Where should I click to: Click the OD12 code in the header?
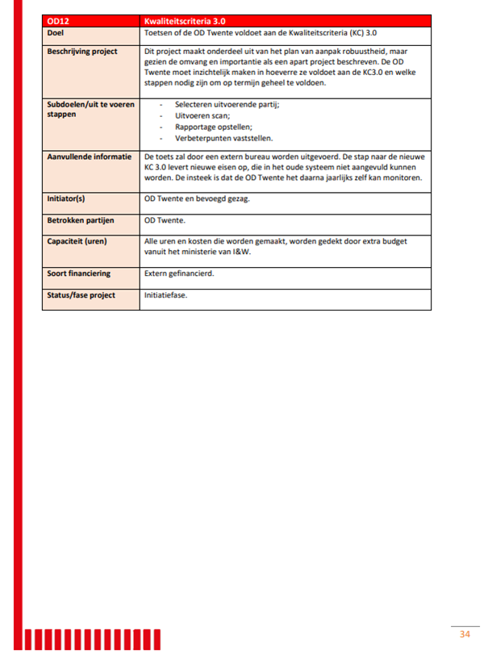(x=59, y=19)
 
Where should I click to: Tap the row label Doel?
(x=56, y=33)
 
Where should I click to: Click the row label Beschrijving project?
(x=82, y=52)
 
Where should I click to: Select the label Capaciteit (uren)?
(x=77, y=240)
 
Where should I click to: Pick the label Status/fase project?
(x=81, y=295)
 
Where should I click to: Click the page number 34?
(x=465, y=633)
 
